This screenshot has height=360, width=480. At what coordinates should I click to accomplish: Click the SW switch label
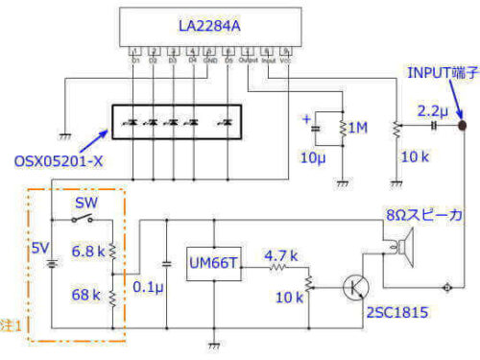pyautogui.click(x=85, y=204)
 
